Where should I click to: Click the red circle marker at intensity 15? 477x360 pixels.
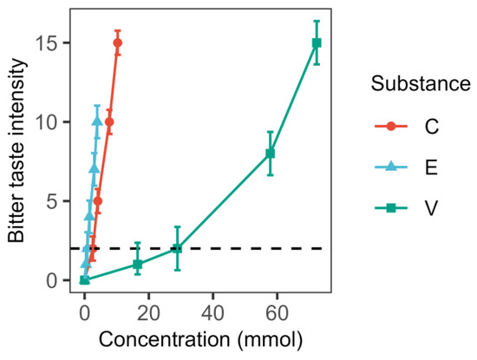(x=117, y=43)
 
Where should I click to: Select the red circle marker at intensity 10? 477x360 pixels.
(x=108, y=121)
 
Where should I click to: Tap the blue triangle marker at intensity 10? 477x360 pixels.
(x=97, y=121)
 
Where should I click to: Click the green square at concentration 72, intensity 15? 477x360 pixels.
(x=317, y=43)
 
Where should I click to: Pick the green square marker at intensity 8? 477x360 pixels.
(x=270, y=154)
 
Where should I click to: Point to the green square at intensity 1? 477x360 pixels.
(x=137, y=264)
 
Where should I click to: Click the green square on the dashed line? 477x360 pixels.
(x=177, y=248)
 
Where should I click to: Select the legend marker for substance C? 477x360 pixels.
(x=391, y=126)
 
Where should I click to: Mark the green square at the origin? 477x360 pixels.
(x=84, y=279)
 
